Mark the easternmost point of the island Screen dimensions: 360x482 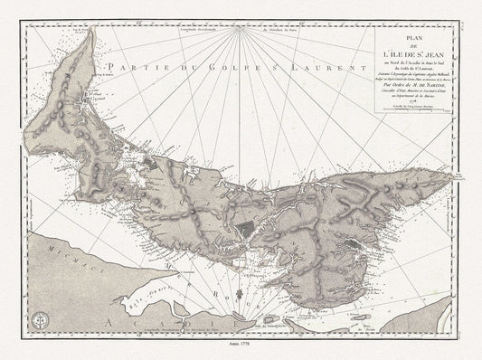[455, 182]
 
